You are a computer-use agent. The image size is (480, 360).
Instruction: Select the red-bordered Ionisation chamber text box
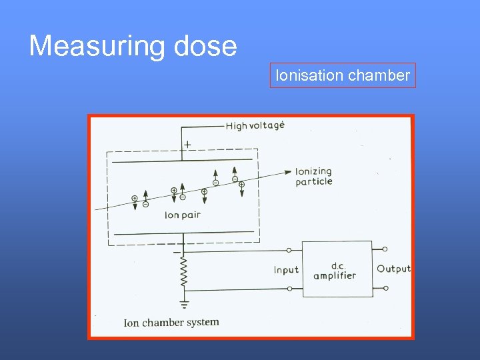pos(343,76)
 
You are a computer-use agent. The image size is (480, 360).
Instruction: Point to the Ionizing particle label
pos(313,177)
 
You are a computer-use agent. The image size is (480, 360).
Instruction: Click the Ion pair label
pos(182,215)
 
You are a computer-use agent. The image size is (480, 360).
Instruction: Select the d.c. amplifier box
pos(337,269)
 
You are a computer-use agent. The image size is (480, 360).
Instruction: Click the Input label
pos(286,270)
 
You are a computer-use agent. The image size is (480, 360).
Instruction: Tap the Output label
pos(393,269)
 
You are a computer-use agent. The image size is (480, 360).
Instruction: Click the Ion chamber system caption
pos(171,323)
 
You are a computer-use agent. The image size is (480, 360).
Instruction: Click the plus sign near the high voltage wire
pos(187,143)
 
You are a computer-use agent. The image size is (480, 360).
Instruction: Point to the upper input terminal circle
pos(289,250)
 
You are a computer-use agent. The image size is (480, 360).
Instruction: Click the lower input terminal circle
pos(289,289)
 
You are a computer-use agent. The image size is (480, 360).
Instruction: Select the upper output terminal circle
pos(385,250)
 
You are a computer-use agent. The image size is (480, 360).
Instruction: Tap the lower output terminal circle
pos(385,289)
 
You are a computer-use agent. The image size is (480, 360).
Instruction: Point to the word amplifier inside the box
pos(335,275)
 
